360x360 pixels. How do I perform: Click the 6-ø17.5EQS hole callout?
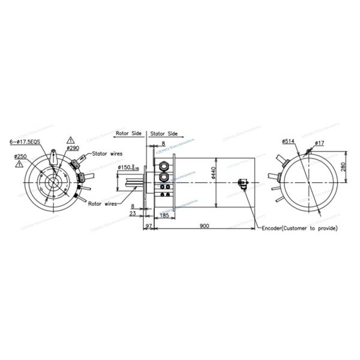coord(26,142)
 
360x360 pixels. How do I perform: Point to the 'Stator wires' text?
coord(107,154)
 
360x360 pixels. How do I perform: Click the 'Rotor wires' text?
coord(103,203)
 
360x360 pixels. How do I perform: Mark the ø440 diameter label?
coord(213,174)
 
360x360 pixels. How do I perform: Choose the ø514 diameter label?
coord(289,142)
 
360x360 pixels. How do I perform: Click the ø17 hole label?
coord(320,142)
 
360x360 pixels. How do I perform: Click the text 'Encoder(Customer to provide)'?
coord(300,228)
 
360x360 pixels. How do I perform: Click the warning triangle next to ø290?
coord(71,139)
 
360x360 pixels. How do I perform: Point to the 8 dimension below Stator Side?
coord(163,144)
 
